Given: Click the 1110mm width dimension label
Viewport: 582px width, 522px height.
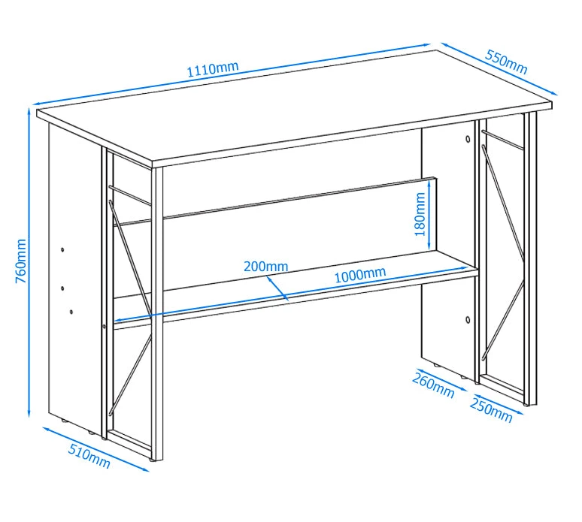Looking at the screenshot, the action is click(x=212, y=69).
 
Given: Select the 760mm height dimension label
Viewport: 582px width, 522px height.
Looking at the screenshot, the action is click(x=21, y=261).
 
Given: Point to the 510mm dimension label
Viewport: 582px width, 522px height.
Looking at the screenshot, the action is click(x=89, y=456).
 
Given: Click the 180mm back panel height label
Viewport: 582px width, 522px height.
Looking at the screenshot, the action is click(x=420, y=214).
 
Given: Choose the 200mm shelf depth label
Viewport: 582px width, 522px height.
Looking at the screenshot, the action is click(x=265, y=266).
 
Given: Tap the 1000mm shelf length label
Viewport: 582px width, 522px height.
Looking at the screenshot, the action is click(x=360, y=274).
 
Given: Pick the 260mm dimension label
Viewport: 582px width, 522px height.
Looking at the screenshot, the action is click(x=434, y=385).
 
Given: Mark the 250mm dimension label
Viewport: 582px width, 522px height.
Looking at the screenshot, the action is click(x=491, y=409).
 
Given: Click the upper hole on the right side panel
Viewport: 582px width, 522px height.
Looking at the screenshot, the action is click(x=468, y=140).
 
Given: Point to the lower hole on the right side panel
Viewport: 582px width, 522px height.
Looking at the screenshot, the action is click(x=468, y=319).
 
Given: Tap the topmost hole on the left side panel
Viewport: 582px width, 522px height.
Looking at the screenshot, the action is click(x=62, y=250).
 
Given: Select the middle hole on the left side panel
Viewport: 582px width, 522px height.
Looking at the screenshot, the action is click(x=62, y=288).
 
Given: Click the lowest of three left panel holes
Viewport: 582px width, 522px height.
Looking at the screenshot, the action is click(x=71, y=312).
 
